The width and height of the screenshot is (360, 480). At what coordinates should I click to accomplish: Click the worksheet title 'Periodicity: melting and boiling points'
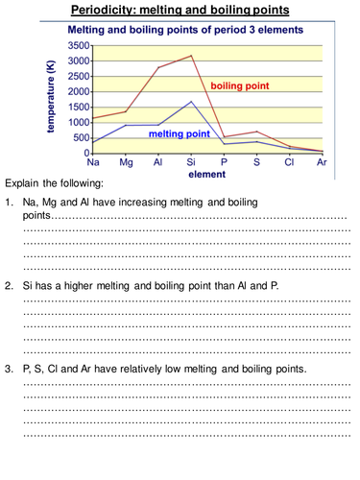(180, 12)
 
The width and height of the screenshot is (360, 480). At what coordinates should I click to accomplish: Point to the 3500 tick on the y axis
(78, 45)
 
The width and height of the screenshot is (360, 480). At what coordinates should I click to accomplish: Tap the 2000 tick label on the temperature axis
(78, 91)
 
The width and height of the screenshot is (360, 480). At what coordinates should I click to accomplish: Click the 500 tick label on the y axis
(81, 137)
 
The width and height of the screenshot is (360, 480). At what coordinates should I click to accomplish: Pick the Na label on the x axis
(93, 162)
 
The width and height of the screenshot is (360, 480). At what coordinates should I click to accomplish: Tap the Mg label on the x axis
(126, 162)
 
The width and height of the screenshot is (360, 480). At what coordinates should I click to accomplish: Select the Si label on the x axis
(191, 162)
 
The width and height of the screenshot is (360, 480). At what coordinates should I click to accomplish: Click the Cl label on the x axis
(289, 162)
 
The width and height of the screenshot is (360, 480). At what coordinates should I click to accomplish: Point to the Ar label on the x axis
(324, 162)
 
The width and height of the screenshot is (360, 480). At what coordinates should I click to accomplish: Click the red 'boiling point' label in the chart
(252, 85)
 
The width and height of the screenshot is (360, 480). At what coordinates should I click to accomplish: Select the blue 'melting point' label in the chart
(179, 134)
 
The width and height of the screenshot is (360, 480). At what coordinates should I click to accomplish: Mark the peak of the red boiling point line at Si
(191, 56)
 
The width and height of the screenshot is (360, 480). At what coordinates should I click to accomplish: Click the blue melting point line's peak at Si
(191, 101)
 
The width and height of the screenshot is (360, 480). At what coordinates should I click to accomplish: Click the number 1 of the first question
(9, 203)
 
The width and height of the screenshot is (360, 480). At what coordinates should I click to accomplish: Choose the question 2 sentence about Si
(149, 286)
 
